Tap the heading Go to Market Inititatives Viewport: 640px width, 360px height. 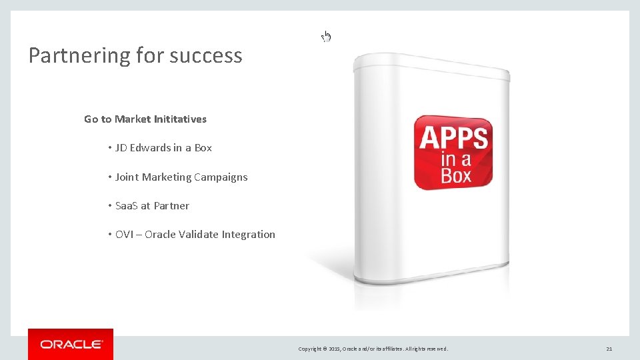(145, 119)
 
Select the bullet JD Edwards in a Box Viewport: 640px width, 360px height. (163, 148)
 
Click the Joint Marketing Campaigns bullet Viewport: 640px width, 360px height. (181, 177)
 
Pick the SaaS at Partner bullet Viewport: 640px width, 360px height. (152, 206)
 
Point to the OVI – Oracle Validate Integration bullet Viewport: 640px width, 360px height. (195, 235)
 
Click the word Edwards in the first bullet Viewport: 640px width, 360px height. (150, 148)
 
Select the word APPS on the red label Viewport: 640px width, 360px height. (453, 139)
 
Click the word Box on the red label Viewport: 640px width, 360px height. (456, 176)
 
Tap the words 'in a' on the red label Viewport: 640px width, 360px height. (455, 159)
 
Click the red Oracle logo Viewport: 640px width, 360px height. (71, 344)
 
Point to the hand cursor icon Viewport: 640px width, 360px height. (326, 36)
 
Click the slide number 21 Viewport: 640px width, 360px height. (609, 349)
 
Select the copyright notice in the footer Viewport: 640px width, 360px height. (373, 349)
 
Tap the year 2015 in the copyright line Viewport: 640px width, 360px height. (333, 349)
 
